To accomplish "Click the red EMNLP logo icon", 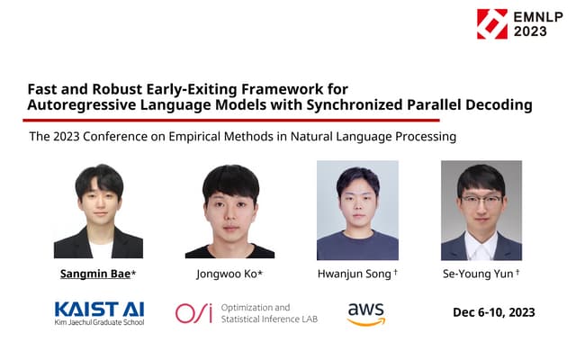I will click(492, 24).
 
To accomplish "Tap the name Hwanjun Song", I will click(355, 273).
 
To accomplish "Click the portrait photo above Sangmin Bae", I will click(98, 211).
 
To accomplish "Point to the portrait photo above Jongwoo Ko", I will click(229, 211).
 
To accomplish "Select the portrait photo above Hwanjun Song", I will click(357, 210).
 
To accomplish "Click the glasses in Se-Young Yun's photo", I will click(481, 200).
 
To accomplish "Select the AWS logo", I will click(366, 312).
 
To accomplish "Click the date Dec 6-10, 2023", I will click(494, 312).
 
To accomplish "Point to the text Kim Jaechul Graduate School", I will click(99, 321).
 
